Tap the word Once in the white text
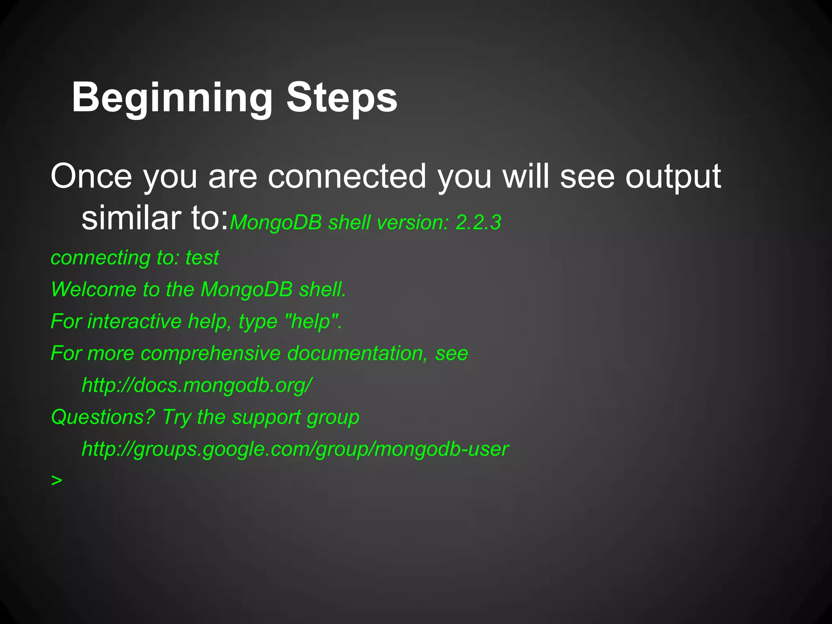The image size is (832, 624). pos(91,176)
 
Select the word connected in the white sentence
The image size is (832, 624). pos(347,176)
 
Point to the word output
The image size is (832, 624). pos(673,177)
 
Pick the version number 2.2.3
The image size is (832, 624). pos(478,223)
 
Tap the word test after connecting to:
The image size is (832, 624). pos(202,258)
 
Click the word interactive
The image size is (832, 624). pos(134,321)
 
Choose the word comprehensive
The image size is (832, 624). pos(210,353)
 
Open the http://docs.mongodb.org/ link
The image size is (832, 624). pos(197,385)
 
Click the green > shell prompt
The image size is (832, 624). pos(57,481)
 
